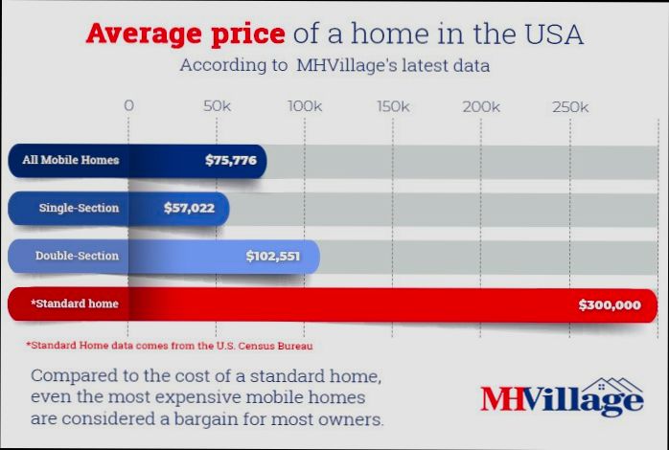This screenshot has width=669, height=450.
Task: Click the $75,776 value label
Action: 230,160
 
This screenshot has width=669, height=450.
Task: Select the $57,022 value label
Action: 189,207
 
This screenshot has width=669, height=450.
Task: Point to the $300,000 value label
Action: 609,304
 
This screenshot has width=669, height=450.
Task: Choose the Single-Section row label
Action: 79,207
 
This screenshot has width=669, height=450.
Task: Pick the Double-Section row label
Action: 77,256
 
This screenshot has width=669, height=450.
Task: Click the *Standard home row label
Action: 74,304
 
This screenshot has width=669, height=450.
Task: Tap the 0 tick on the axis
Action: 129,106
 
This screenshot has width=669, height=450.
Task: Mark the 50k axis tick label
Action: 217,106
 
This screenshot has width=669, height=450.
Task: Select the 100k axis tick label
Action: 305,106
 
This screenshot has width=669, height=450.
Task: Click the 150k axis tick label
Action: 393,106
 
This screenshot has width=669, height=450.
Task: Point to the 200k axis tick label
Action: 481,106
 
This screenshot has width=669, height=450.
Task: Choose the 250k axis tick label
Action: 570,106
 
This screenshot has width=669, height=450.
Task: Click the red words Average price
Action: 185,34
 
